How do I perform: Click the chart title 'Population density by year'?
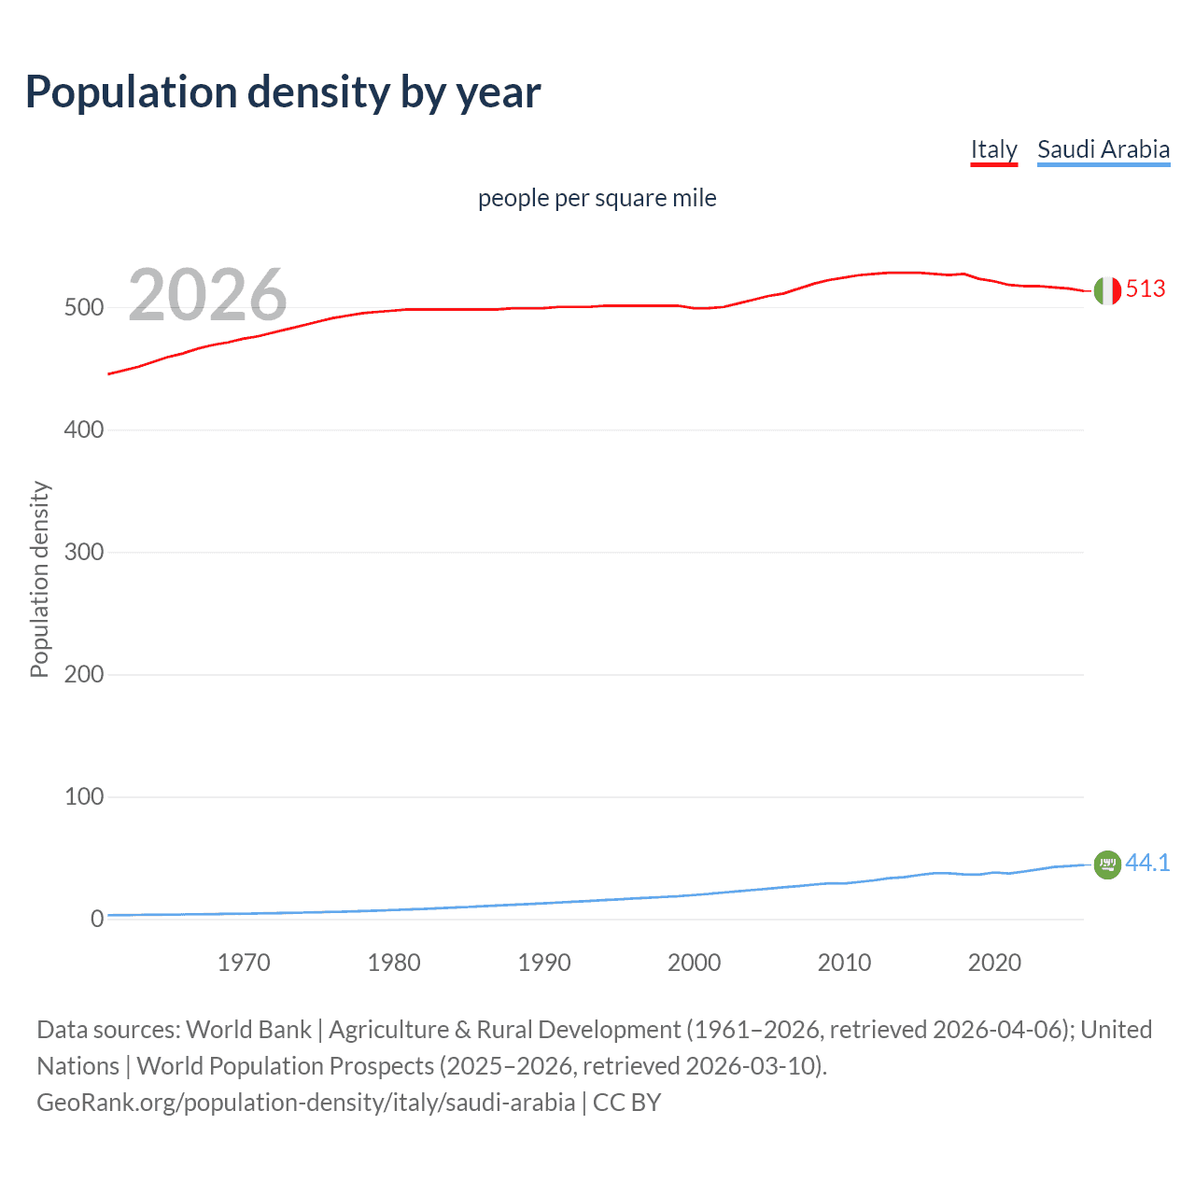283,92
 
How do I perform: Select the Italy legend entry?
993,149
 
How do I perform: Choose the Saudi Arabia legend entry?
1103,149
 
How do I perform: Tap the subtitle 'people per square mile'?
597,199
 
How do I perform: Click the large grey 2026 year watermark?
207,295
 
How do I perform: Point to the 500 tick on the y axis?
83,308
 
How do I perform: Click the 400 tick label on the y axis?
83,430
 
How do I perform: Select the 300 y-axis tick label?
83,553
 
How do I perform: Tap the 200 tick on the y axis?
83,675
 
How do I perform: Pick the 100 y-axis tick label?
83,797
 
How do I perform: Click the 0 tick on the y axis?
96,920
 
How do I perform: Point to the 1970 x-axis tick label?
244,963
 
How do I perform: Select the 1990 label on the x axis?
544,963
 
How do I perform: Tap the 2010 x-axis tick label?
844,963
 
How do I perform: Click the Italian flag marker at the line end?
1107,291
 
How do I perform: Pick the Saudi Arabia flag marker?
1107,865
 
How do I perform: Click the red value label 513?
1146,289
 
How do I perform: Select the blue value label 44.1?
1147,864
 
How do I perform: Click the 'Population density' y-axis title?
39,579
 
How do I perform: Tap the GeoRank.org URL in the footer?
305,1103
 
